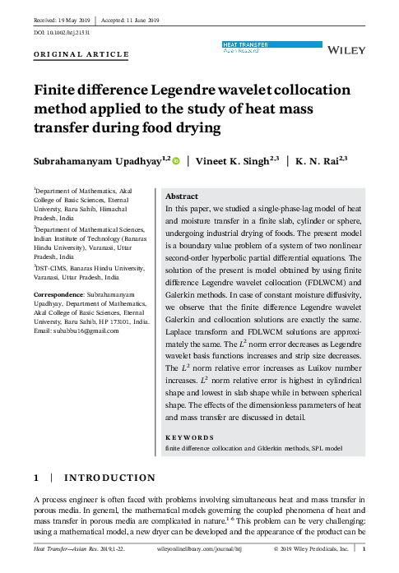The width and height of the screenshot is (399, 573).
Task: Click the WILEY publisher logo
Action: tap(346, 50)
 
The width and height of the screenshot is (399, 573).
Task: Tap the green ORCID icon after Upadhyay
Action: tap(175, 161)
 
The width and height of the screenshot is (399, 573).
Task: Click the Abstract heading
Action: tap(182, 197)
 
